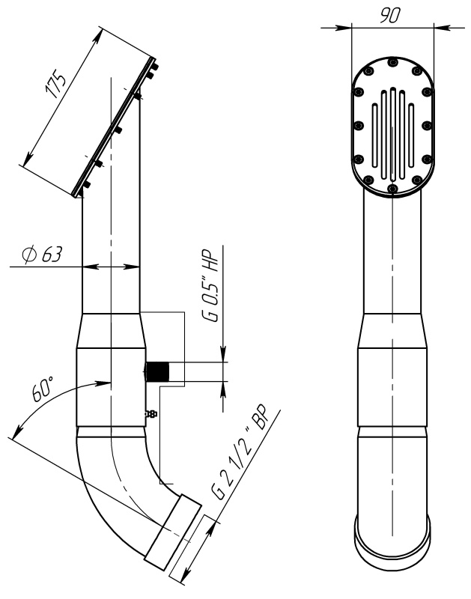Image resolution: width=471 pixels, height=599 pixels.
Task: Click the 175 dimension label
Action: (55, 84)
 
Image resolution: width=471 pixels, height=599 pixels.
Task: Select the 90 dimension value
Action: (390, 15)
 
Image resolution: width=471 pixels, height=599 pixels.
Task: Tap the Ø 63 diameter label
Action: (42, 255)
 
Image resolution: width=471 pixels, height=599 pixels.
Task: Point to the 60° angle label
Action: (43, 389)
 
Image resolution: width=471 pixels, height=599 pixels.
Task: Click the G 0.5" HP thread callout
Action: (211, 284)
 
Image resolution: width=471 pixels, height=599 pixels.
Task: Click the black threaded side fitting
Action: (158, 371)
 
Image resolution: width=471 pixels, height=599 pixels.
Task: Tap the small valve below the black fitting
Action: (151, 413)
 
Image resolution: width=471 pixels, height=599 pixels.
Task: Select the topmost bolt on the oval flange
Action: (392, 62)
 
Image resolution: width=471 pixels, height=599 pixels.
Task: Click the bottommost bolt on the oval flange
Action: (392, 189)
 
